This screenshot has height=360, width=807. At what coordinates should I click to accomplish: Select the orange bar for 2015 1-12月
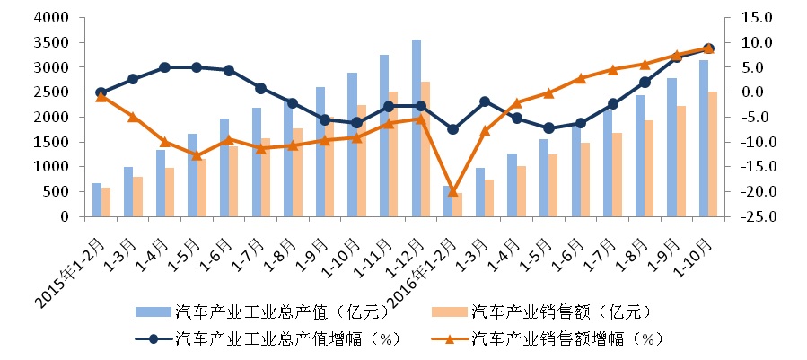point(425,149)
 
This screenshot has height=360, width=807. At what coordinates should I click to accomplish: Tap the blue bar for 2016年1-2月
point(448,201)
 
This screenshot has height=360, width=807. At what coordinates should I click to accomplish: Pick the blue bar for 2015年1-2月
point(97,199)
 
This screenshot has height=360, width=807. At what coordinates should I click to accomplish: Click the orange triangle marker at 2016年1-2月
point(453,191)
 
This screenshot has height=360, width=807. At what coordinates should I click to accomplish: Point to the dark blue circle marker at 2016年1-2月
point(453,129)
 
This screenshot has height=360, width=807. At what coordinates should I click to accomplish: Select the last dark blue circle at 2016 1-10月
point(708,48)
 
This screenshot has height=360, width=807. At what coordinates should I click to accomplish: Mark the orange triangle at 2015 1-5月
point(197,154)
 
